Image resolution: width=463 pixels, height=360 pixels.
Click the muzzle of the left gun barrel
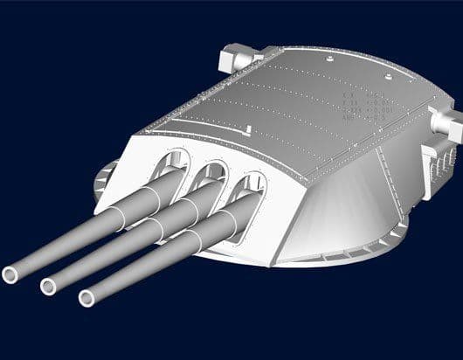[12, 273]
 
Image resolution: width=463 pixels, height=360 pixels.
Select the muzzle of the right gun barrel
[86, 299]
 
